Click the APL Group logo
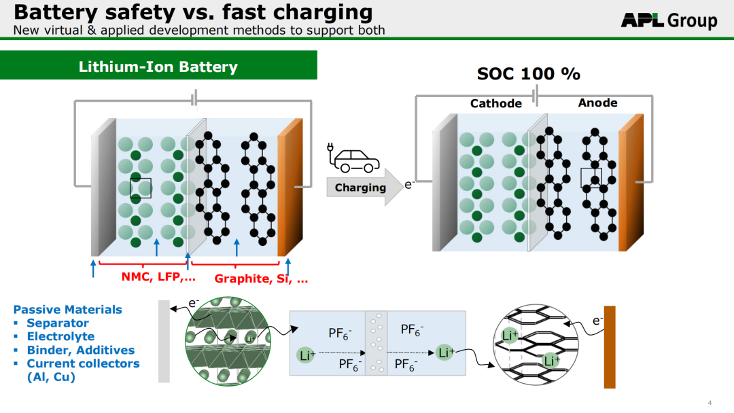click(669, 20)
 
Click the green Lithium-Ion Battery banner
click(158, 65)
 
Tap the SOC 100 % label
click(529, 74)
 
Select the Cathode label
click(495, 103)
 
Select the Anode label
click(597, 103)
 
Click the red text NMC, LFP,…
click(158, 277)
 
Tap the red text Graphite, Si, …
click(261, 279)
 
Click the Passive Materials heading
click(67, 310)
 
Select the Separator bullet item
click(58, 323)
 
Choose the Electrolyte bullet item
click(60, 337)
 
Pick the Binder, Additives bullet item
click(80, 351)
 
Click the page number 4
click(710, 403)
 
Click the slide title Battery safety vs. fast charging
click(193, 12)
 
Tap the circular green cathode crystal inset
click(228, 342)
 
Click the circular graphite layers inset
click(536, 344)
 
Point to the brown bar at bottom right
click(610, 347)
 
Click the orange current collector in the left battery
click(290, 187)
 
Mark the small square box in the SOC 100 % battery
click(591, 178)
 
